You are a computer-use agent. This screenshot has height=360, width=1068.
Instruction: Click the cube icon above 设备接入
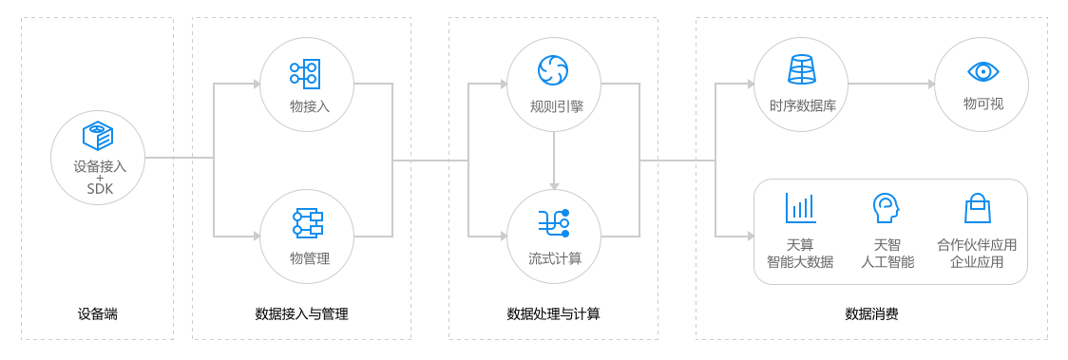pyautogui.click(x=98, y=137)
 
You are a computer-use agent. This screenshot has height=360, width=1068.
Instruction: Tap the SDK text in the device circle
pyautogui.click(x=100, y=189)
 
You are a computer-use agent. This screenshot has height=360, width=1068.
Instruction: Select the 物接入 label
pyautogui.click(x=310, y=106)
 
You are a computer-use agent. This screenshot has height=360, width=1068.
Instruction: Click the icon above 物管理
pyautogui.click(x=307, y=222)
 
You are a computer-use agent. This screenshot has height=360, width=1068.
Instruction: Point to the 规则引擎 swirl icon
pyautogui.click(x=553, y=69)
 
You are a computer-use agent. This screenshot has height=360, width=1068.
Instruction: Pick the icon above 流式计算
pyautogui.click(x=554, y=222)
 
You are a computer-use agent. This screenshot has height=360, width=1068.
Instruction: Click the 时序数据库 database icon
pyautogui.click(x=802, y=69)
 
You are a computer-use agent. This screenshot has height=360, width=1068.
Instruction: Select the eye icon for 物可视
pyautogui.click(x=982, y=71)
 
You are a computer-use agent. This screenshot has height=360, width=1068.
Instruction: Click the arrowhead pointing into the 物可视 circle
pyautogui.click(x=930, y=84)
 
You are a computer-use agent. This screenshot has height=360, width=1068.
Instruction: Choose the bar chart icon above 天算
pyautogui.click(x=800, y=208)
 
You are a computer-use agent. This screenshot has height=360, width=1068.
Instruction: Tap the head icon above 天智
pyautogui.click(x=886, y=208)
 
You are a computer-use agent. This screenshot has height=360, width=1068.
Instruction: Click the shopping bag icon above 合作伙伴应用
pyautogui.click(x=977, y=208)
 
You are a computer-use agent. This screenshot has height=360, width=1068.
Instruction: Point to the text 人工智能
pyautogui.click(x=887, y=262)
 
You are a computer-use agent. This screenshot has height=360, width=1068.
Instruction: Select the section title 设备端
pyautogui.click(x=98, y=313)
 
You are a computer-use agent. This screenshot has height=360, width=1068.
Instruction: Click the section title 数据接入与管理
pyautogui.click(x=302, y=313)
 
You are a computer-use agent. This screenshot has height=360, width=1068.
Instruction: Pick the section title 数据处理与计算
pyautogui.click(x=554, y=313)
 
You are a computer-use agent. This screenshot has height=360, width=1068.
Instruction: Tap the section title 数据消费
pyautogui.click(x=872, y=313)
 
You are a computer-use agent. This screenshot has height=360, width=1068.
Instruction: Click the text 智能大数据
pyautogui.click(x=800, y=262)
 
